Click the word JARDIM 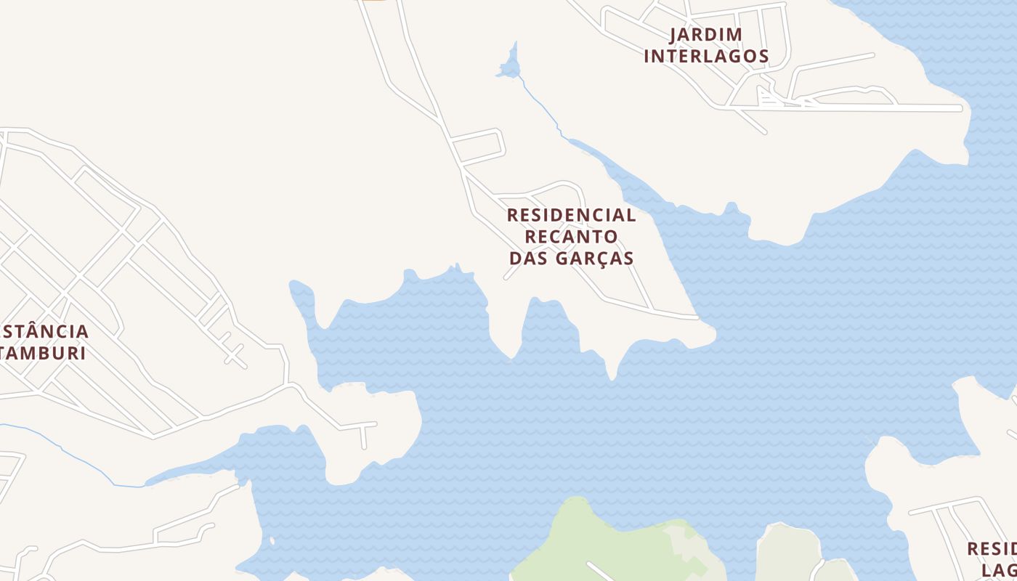(x=705, y=34)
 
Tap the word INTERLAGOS (x=705, y=56)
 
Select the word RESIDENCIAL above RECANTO (x=571, y=215)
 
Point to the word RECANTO (x=571, y=237)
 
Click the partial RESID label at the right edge (x=992, y=548)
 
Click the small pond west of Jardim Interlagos (x=510, y=68)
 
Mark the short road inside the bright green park (x=599, y=572)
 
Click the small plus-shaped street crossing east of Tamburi (x=235, y=355)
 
